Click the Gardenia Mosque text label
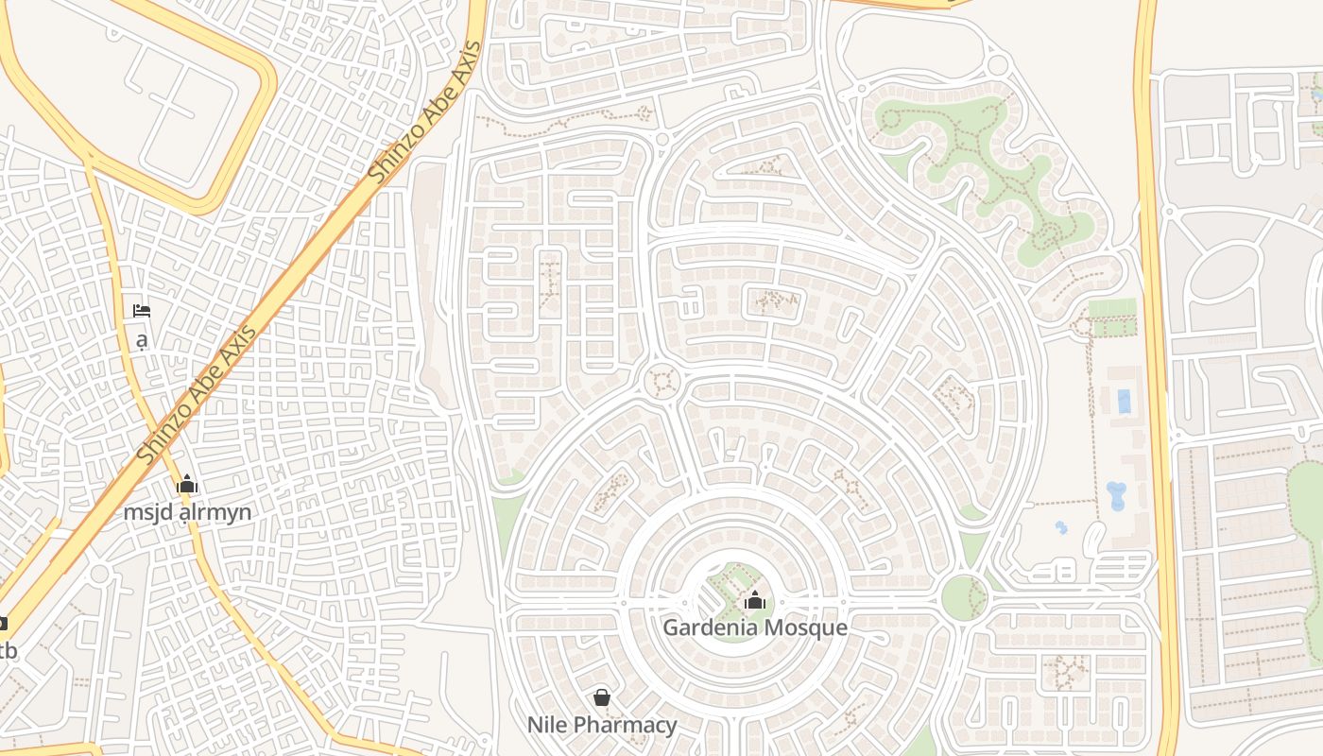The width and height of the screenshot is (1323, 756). [754, 627]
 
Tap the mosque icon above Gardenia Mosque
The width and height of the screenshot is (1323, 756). [754, 600]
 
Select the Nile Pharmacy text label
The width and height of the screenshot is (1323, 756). [602, 725]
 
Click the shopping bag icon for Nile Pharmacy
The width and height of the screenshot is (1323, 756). [602, 698]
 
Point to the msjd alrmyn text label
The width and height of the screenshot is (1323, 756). [188, 512]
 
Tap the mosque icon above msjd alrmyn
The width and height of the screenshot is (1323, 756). [187, 485]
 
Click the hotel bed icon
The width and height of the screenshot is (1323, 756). [142, 311]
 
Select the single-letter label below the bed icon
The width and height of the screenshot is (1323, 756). [142, 340]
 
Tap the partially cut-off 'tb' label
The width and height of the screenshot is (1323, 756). [8, 651]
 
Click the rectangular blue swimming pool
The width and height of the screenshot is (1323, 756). [1124, 402]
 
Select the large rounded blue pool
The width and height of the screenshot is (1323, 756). [1116, 495]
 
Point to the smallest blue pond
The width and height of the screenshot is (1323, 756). [1061, 527]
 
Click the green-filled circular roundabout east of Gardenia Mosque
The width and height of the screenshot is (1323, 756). [964, 598]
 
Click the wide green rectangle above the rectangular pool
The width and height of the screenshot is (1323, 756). [1112, 309]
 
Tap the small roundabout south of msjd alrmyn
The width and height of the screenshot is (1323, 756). [99, 575]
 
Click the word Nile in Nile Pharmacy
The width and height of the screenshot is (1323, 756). [545, 725]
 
